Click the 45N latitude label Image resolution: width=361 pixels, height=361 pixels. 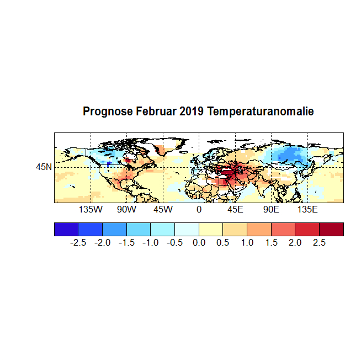[44, 167]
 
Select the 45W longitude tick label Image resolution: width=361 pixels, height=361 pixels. [163, 210]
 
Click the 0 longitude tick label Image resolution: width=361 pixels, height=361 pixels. [199, 210]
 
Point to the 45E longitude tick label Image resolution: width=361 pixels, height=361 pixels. [235, 210]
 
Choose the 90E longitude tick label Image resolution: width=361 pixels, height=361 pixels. [271, 210]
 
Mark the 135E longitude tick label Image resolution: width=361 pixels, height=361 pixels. [307, 210]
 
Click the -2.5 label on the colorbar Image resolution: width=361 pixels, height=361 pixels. [78, 242]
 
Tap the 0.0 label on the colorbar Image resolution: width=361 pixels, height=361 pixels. [199, 242]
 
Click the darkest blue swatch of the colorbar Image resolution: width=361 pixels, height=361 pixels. [66, 229]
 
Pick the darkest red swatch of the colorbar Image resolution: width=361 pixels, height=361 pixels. [331, 229]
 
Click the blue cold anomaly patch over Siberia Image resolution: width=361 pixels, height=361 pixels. [287, 157]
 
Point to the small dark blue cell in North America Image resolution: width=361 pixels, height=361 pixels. [109, 163]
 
